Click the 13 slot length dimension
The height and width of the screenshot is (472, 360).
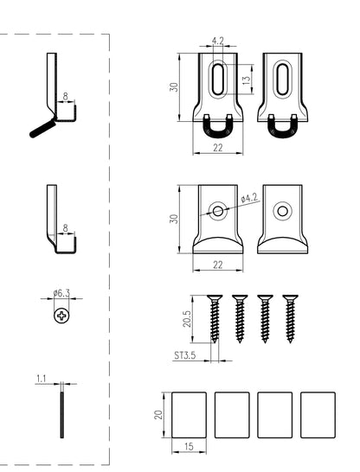pos(247,80)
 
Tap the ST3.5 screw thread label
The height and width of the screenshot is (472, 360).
pos(185,355)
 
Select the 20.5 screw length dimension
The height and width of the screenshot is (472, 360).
pos(186,319)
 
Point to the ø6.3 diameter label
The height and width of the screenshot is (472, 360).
pos(61,293)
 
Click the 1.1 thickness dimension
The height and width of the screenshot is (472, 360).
pos(41,379)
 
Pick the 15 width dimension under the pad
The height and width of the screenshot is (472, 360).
pos(189,447)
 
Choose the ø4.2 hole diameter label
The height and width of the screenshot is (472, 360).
pos(249,198)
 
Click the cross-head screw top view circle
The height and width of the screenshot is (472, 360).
pos(61,316)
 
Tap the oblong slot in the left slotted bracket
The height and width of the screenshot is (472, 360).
pos(217,80)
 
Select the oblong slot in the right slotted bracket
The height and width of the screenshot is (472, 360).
pos(283,80)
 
